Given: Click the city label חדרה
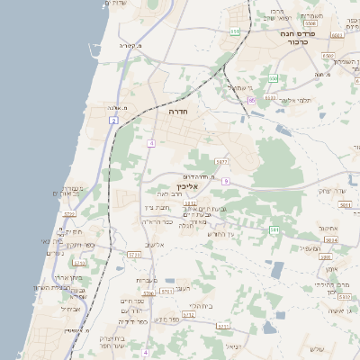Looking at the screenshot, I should coord(176,114).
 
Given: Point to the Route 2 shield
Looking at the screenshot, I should coord(114,119).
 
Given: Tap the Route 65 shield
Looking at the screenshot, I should coord(252,99).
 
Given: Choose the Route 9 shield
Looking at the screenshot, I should coord(226,181).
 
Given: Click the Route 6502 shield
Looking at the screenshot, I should coord(327,55).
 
